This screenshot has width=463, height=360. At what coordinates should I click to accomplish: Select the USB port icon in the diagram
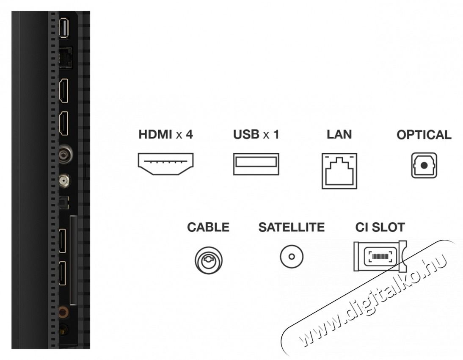pos(256,164)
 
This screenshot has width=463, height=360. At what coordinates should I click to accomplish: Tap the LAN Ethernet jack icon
pos(339,170)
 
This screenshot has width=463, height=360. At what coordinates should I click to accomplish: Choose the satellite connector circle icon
pos(291,257)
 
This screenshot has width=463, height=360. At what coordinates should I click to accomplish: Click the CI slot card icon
pos(380,256)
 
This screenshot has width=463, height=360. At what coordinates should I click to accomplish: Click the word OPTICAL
pos(424,135)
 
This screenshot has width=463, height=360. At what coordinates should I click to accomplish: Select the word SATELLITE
pos(291,227)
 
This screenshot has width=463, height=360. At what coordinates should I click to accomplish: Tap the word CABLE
pos(208,227)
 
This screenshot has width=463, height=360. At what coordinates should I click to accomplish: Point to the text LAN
pos(339,135)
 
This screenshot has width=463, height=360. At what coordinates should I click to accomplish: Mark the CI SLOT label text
pos(380,227)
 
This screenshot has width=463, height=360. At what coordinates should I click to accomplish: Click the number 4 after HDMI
pos(190,135)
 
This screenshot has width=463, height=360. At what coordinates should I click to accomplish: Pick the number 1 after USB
pos(276,135)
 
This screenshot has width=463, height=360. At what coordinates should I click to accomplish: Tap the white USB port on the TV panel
pos(64,28)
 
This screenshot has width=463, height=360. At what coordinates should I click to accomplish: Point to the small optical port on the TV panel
pos(63,204)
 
